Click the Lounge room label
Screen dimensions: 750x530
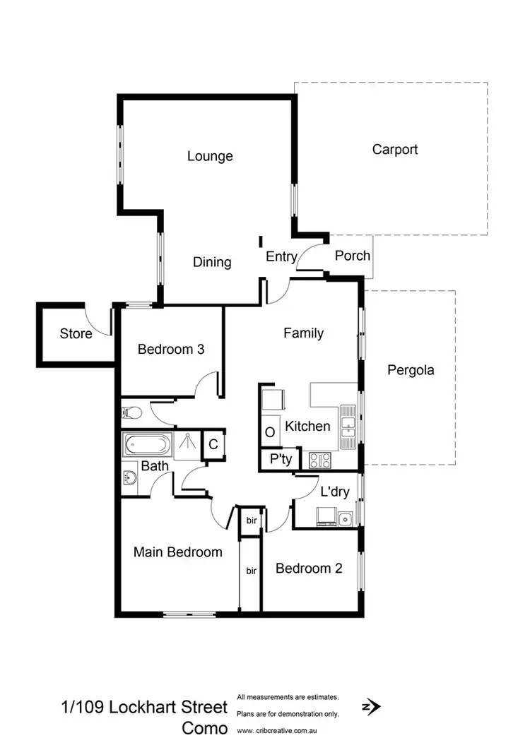(210, 156)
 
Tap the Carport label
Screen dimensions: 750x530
(395, 149)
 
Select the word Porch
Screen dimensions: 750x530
(352, 255)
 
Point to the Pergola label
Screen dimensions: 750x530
(411, 369)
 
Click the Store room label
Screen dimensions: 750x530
(76, 333)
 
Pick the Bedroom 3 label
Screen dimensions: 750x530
(171, 349)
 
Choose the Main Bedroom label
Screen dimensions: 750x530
(178, 552)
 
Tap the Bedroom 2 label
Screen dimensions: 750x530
(309, 568)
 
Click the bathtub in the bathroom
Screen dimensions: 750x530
(147, 446)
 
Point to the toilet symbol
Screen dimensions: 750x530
(131, 412)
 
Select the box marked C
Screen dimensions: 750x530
(213, 445)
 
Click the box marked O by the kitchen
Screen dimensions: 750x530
(270, 431)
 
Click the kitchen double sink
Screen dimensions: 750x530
(348, 427)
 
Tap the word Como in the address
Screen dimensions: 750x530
(205, 728)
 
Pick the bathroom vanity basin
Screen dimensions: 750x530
(129, 477)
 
